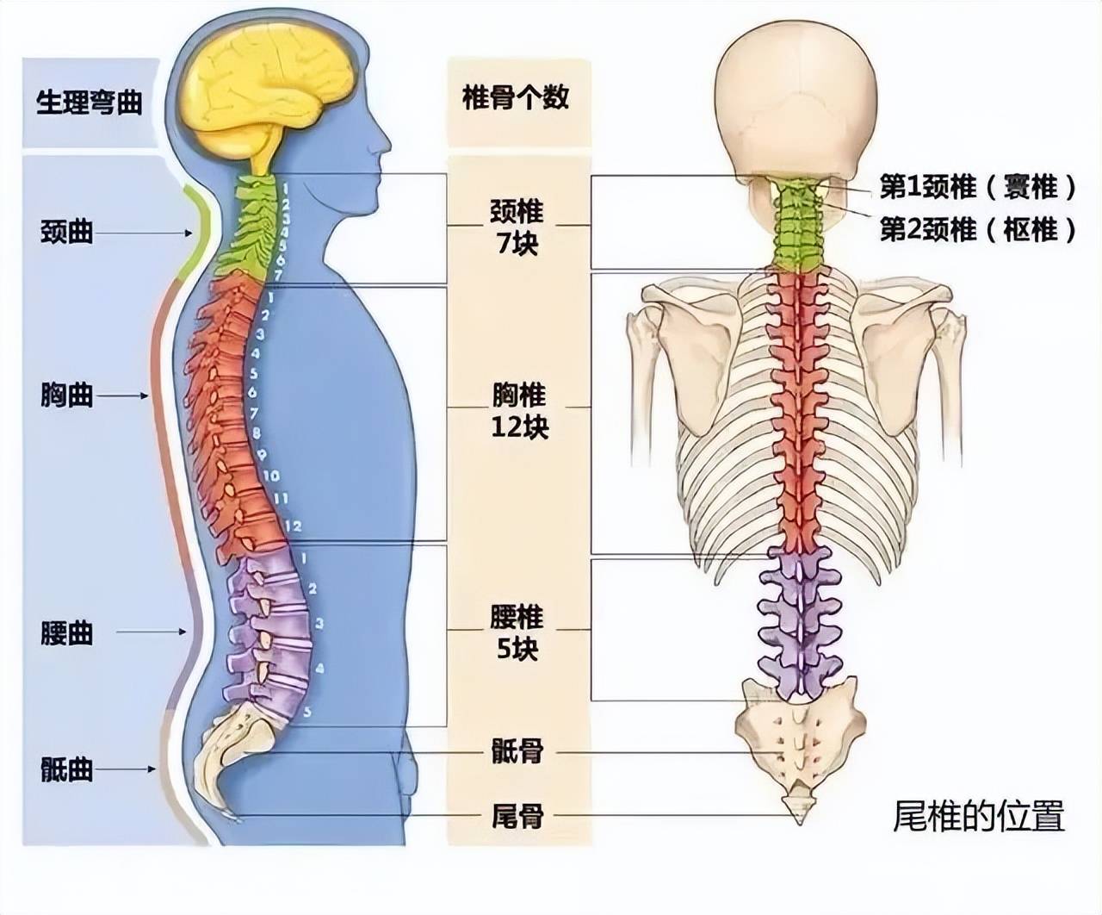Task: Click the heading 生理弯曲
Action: click(x=90, y=102)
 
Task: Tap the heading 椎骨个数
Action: click(x=516, y=97)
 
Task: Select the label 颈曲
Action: click(x=67, y=232)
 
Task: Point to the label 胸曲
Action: click(x=67, y=395)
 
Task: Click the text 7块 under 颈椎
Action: click(x=517, y=244)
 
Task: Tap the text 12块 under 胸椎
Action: click(x=520, y=427)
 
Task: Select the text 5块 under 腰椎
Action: click(x=517, y=650)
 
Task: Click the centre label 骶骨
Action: click(x=517, y=751)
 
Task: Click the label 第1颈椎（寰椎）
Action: click(x=977, y=187)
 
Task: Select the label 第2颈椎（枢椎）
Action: click(x=977, y=230)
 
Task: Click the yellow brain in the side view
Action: click(x=270, y=90)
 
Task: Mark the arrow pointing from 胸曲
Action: click(x=122, y=395)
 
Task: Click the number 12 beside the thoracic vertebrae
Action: click(x=293, y=526)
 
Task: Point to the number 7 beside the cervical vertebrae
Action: click(x=277, y=275)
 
